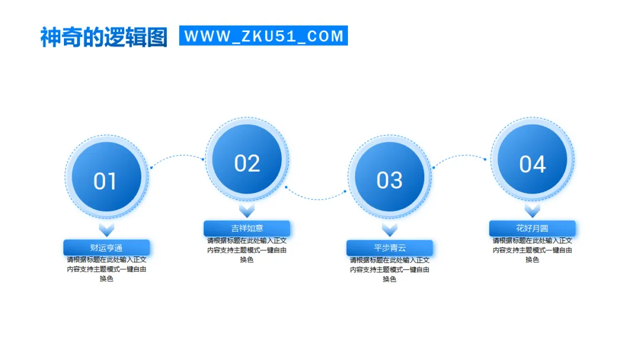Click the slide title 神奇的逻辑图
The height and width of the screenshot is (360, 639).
[x=104, y=37]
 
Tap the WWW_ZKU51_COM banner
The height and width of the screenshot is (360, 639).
[x=263, y=36]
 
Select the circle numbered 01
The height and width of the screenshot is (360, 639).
[x=106, y=177]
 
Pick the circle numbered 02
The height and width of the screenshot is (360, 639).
[x=247, y=159]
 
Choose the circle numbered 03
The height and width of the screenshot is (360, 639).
[x=389, y=177]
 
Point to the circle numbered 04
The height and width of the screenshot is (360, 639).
[x=532, y=160]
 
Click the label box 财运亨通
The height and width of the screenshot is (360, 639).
[x=106, y=247]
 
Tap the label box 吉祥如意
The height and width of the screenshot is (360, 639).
[x=247, y=228]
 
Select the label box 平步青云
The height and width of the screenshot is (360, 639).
[x=389, y=247]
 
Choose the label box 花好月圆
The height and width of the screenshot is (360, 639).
[x=532, y=228]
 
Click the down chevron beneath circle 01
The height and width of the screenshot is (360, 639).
[x=106, y=229]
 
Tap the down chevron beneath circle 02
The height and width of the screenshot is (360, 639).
[x=247, y=210]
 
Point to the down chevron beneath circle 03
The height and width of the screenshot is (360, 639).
[x=389, y=229]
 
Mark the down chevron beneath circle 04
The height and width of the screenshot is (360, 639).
[x=532, y=210]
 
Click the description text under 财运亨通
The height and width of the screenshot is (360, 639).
[x=106, y=269]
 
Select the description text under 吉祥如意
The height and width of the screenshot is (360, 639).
[x=247, y=250]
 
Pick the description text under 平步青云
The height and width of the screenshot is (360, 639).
[x=389, y=269]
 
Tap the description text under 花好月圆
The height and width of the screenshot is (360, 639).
[x=532, y=250]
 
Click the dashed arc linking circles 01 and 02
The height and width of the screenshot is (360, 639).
[x=177, y=157]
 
